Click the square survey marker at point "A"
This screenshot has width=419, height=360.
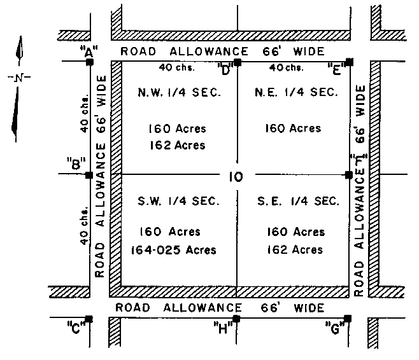point(89,62)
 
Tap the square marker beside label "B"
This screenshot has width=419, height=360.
point(89,175)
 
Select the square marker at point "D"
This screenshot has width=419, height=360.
point(237,62)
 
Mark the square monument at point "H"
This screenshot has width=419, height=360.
point(236,319)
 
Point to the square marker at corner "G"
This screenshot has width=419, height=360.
point(348,318)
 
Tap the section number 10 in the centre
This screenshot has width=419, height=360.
point(235,177)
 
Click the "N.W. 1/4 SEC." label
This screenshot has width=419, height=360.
point(179,93)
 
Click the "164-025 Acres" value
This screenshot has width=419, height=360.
point(172,249)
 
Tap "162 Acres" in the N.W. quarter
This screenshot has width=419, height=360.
point(176,145)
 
